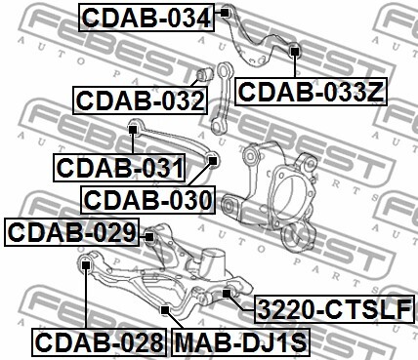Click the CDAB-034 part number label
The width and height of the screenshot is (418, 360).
tap(144, 17)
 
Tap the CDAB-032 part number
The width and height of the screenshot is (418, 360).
tap(139, 100)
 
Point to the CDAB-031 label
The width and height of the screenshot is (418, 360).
tap(119, 168)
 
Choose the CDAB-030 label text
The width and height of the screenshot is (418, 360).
tap(148, 201)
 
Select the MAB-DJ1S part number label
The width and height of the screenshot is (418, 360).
tap(239, 343)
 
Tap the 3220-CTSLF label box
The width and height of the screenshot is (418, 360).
tap(333, 311)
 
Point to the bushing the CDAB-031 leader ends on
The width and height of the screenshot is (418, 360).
tap(135, 125)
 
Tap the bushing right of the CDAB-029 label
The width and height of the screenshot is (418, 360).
tap(150, 234)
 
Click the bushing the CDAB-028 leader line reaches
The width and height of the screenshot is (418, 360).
tap(86, 261)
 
